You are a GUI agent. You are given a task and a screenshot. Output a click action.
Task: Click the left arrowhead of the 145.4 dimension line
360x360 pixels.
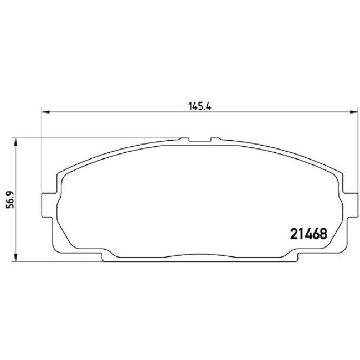point(46,112)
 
